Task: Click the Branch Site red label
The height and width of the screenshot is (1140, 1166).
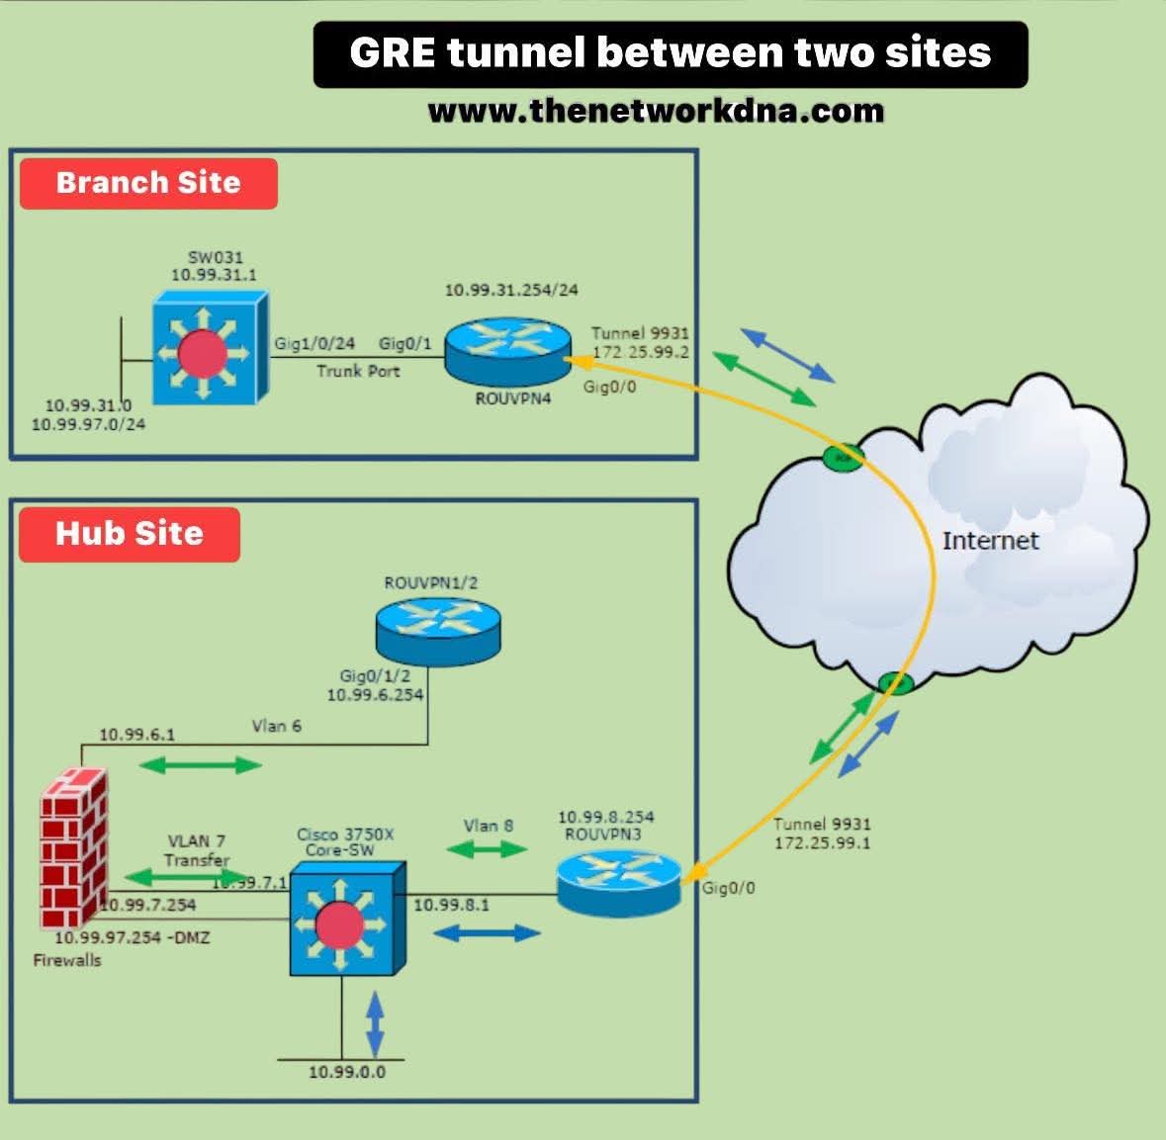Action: (148, 183)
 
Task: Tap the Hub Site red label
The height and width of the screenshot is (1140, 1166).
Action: (130, 534)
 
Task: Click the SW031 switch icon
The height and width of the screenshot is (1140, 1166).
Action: (210, 347)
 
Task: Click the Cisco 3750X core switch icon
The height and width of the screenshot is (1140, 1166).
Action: (347, 917)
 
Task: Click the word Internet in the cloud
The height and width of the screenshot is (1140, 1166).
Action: (990, 541)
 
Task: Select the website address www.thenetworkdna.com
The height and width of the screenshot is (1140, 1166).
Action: (656, 110)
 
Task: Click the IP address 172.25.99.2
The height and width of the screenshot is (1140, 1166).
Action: (640, 352)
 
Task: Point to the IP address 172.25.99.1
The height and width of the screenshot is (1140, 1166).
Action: (822, 843)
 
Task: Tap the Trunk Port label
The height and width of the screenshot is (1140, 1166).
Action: (358, 371)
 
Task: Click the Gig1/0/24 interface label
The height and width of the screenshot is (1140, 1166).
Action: (314, 344)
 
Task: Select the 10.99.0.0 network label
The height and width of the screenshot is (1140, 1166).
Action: (347, 1072)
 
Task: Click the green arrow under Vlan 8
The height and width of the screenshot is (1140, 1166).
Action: (487, 848)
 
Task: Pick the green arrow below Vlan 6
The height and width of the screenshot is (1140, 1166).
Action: (201, 764)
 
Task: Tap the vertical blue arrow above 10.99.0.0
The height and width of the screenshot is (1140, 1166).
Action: (375, 1023)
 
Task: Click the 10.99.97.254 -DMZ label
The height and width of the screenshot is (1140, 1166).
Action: (132, 937)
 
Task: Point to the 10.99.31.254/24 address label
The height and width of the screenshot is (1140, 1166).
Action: (511, 291)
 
